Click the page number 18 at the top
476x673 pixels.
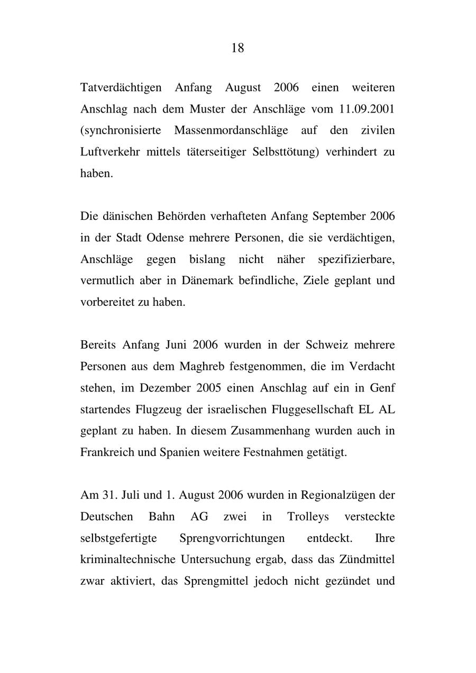click(x=237, y=48)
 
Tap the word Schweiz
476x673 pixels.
click(x=324, y=345)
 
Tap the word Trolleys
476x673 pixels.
click(x=308, y=517)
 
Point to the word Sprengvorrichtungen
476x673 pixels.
click(x=232, y=538)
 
